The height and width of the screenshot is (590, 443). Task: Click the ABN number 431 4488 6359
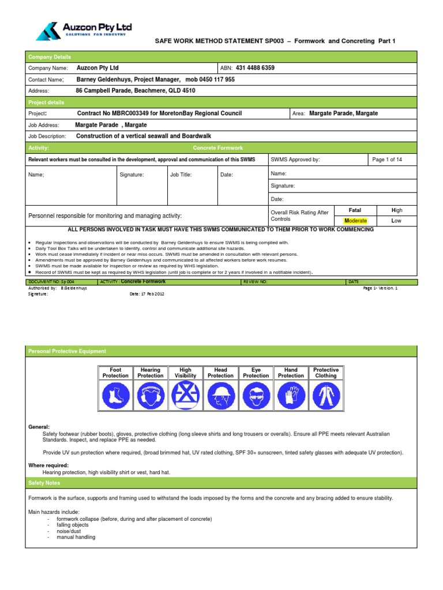point(255,68)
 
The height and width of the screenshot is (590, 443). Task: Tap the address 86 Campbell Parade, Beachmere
point(136,91)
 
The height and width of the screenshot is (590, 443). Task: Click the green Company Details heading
point(50,57)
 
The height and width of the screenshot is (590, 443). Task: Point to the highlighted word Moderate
point(355,221)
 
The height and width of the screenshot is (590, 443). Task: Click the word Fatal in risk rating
point(355,210)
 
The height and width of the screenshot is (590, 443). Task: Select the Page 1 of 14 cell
point(387,160)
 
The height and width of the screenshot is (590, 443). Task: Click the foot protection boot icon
point(115,396)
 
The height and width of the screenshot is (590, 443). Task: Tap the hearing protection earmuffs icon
point(151,396)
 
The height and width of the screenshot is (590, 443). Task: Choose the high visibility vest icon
point(186,396)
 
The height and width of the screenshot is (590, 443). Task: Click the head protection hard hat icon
point(220,396)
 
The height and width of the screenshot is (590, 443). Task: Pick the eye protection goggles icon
point(256,396)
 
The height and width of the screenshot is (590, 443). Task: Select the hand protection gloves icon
point(291,396)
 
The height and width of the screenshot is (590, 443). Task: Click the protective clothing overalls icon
point(326,396)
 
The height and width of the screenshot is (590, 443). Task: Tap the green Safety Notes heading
point(44,483)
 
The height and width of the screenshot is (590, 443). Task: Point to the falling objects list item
point(73,525)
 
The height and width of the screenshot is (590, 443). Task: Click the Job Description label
point(47,137)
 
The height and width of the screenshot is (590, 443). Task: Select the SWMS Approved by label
point(295,160)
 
